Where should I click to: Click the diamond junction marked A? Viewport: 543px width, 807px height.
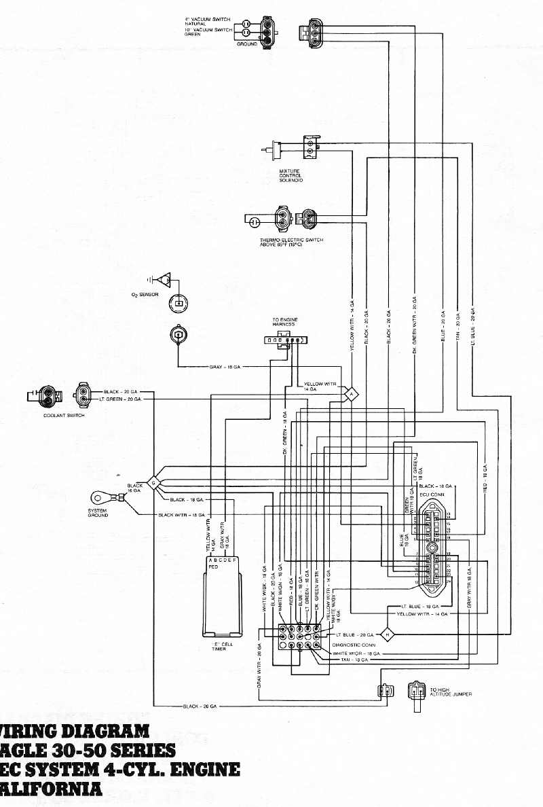pos(352,394)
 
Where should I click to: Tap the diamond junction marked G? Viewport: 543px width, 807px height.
pos(153,483)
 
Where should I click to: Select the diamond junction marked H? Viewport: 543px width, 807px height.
pos(388,634)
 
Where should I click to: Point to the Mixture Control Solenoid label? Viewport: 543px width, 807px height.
pos(291,176)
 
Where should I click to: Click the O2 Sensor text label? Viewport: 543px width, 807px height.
pos(145,295)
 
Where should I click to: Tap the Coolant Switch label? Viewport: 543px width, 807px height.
pos(64,415)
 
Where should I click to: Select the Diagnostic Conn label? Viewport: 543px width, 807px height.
pos(354,645)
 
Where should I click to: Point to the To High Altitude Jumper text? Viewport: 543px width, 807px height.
pos(451,692)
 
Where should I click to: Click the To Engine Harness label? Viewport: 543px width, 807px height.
pos(285,322)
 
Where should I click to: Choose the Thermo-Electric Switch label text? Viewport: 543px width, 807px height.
pos(291,242)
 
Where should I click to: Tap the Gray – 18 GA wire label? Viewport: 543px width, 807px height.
pos(225,367)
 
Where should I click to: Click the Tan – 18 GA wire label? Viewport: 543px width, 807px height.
pos(354,660)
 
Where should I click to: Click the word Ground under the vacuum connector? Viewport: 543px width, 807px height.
pos(247,43)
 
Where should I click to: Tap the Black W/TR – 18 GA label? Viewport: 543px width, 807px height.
pos(181,515)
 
